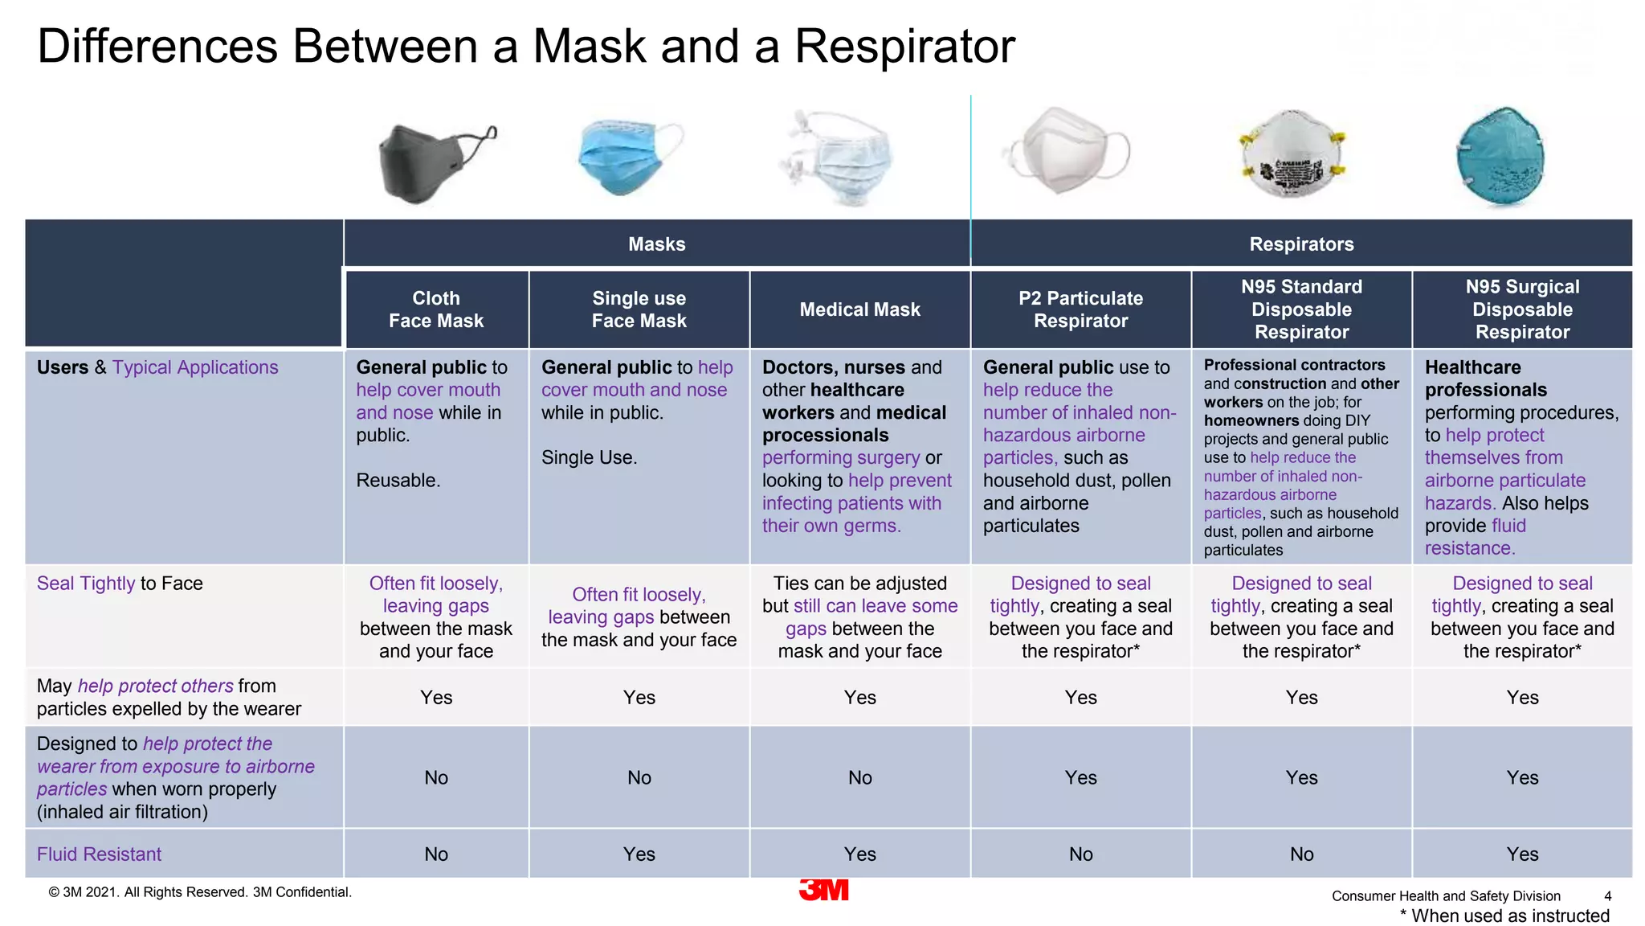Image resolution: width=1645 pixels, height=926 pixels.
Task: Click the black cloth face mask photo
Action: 434,161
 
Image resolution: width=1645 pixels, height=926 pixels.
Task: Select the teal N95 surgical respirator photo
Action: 1500,157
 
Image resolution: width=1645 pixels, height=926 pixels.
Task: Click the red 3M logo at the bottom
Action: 824,890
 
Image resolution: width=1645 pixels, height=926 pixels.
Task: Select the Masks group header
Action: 656,244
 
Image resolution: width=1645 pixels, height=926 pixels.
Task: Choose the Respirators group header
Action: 1301,244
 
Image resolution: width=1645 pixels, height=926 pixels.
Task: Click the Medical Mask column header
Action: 859,309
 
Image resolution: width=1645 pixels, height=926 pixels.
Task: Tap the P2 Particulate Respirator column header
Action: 1080,309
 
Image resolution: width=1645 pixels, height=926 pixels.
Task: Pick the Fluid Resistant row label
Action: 99,854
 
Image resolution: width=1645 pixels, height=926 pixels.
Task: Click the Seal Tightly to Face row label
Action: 120,584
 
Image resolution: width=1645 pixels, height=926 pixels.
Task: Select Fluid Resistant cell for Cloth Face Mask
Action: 436,854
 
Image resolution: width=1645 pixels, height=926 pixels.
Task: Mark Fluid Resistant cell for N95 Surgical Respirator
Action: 1522,854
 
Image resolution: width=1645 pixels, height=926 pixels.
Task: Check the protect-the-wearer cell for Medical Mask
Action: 859,778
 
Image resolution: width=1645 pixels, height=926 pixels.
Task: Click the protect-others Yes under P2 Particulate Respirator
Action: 1080,698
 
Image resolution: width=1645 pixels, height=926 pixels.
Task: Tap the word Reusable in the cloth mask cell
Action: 398,481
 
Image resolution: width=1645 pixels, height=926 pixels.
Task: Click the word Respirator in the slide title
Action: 904,46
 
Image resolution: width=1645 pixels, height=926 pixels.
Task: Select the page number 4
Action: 1607,896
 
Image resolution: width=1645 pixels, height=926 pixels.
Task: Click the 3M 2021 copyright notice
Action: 200,892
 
